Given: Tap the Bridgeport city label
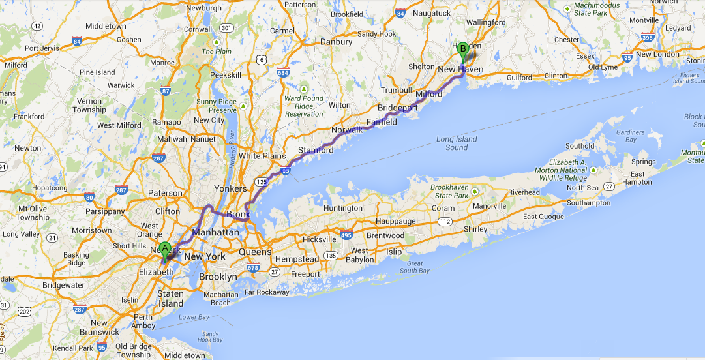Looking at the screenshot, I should pyautogui.click(x=398, y=106).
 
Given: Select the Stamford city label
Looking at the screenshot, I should pyautogui.click(x=316, y=151).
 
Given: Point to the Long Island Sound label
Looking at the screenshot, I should pyautogui.click(x=457, y=143).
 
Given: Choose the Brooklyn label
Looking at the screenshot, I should pyautogui.click(x=218, y=277).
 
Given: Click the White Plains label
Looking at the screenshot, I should pyautogui.click(x=263, y=156).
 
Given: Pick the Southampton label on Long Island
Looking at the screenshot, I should pyautogui.click(x=588, y=203).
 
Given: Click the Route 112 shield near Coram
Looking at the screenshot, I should pyautogui.click(x=445, y=222).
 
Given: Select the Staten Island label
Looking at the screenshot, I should pyautogui.click(x=171, y=299).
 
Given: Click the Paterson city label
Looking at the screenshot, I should pyautogui.click(x=166, y=193).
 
